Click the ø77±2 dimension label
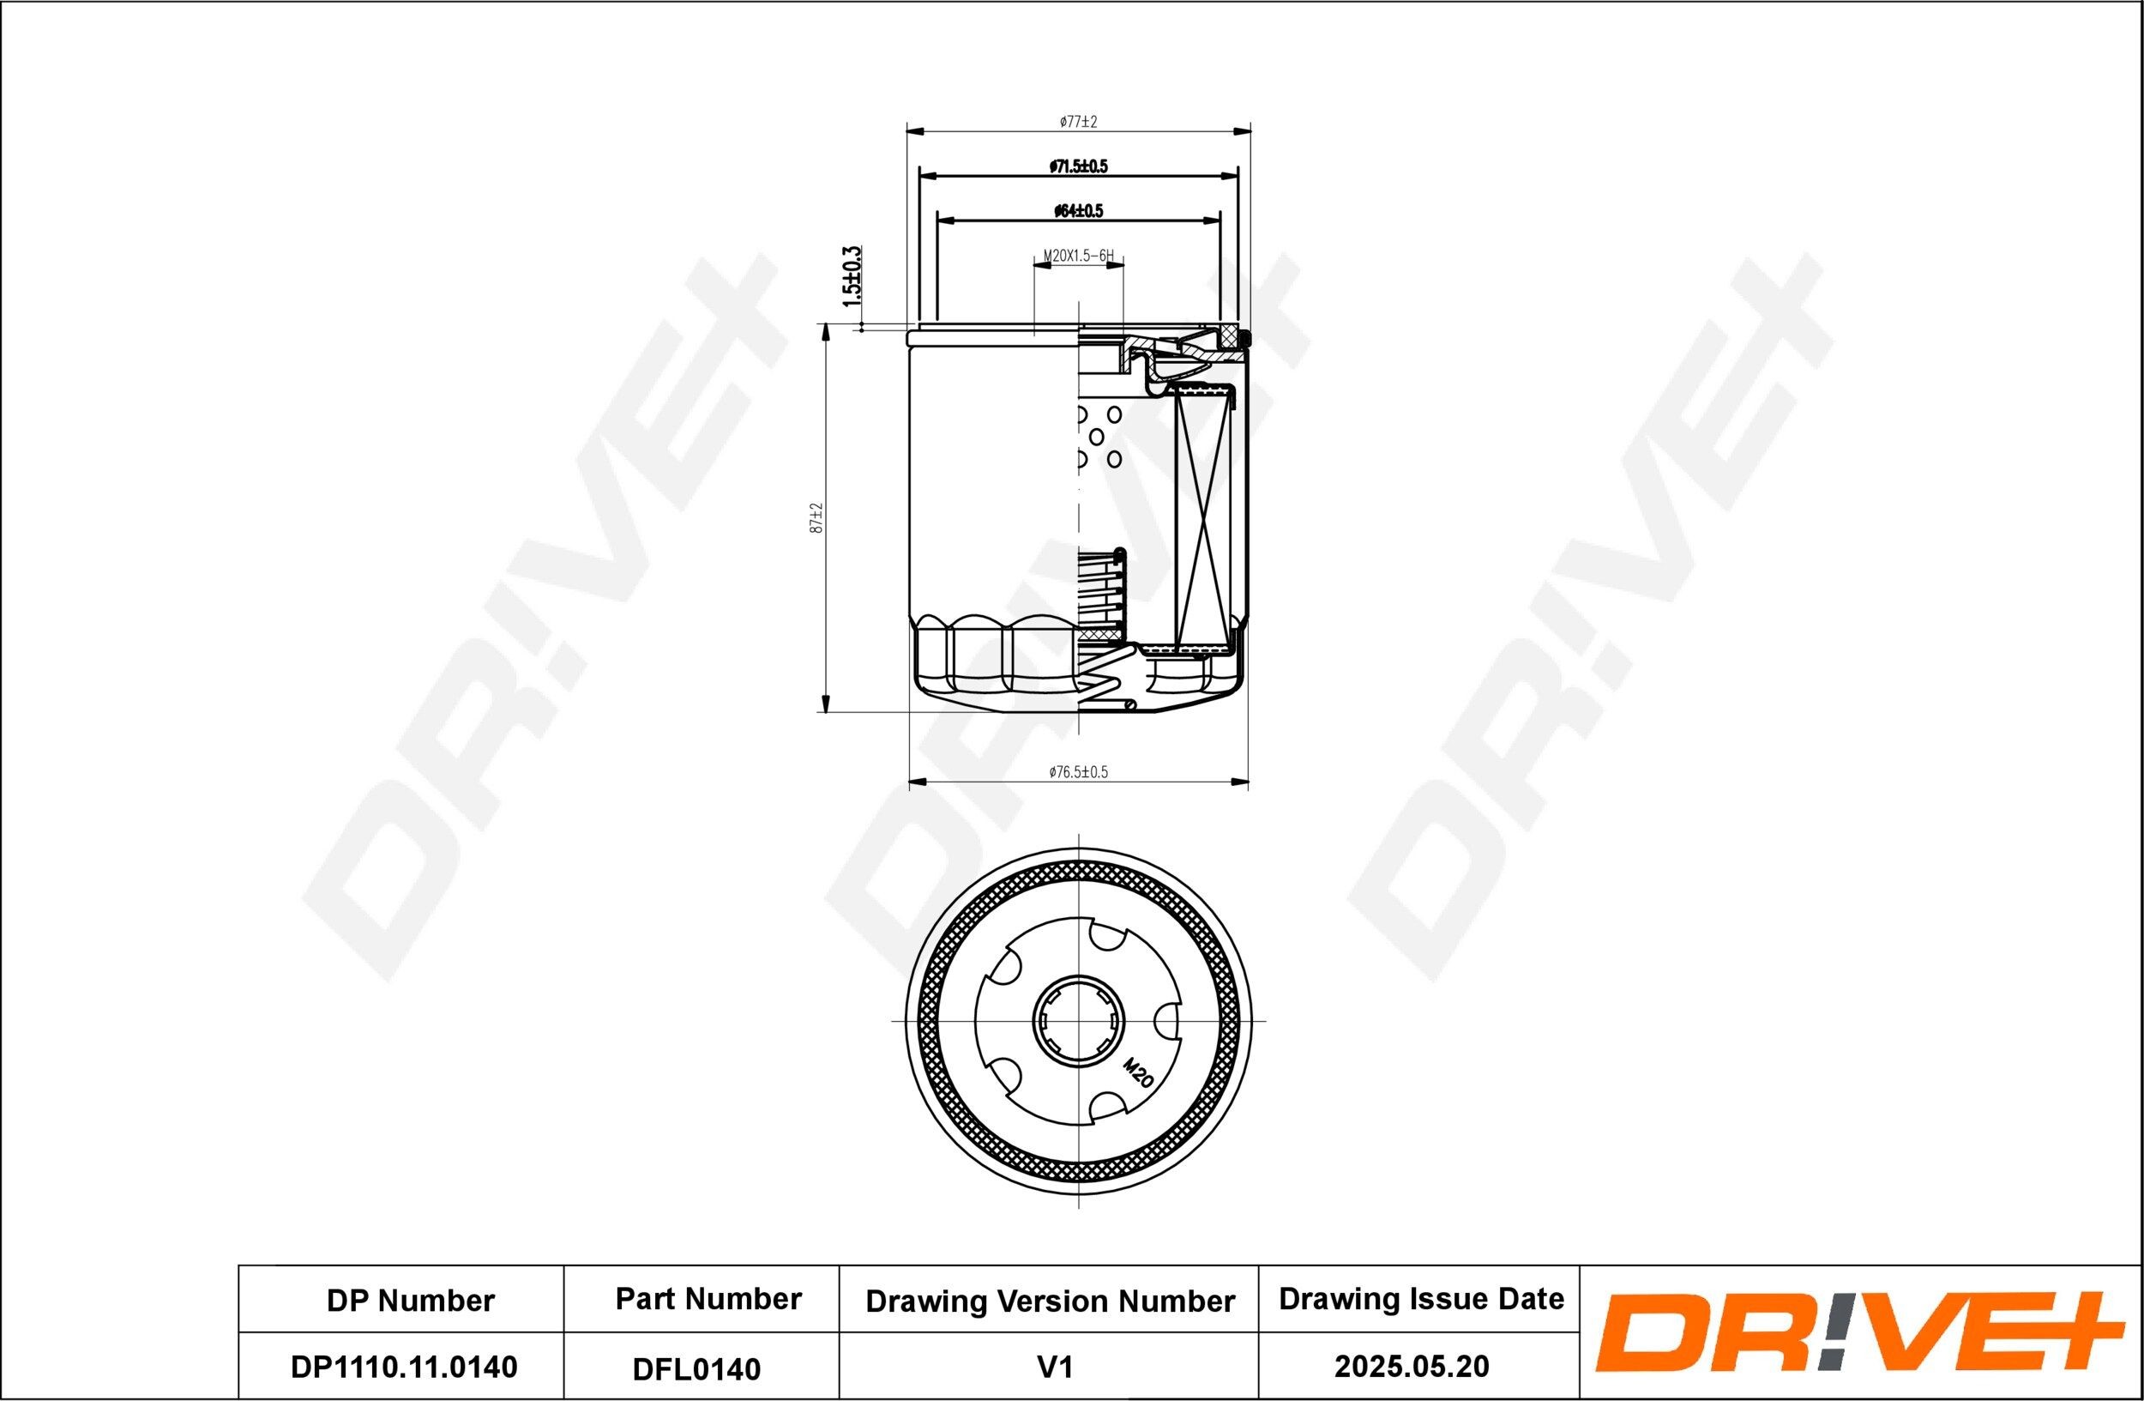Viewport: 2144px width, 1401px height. point(1078,121)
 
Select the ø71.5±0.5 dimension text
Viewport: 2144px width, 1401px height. point(1078,166)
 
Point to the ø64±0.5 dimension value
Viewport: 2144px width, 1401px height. point(1078,212)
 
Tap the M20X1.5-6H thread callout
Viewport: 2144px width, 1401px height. point(1078,257)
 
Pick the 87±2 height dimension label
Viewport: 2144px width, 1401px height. point(817,518)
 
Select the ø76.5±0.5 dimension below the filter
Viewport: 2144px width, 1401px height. point(1078,772)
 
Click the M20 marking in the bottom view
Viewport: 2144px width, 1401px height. point(1139,1074)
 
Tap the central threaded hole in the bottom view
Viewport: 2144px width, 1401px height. point(1078,1021)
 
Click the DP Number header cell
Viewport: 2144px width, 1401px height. point(410,1301)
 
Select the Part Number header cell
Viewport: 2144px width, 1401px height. point(708,1299)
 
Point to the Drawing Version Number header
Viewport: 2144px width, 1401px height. point(1050,1301)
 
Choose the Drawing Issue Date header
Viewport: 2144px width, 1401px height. point(1421,1299)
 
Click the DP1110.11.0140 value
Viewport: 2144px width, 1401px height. point(404,1367)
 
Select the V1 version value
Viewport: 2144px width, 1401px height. point(1054,1368)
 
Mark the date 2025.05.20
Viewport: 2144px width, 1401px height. point(1412,1367)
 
